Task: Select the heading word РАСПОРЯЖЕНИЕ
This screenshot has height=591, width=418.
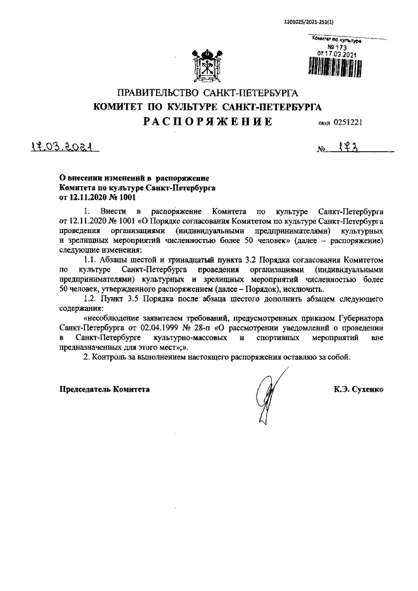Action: coord(207,121)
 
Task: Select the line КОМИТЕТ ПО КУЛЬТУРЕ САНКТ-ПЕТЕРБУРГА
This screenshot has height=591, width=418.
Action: coord(207,106)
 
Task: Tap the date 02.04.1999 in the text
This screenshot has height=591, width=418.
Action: coord(187,328)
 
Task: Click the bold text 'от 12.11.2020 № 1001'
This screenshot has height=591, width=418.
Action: coord(98,196)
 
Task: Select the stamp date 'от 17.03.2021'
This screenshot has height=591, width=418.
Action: coord(336,54)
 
